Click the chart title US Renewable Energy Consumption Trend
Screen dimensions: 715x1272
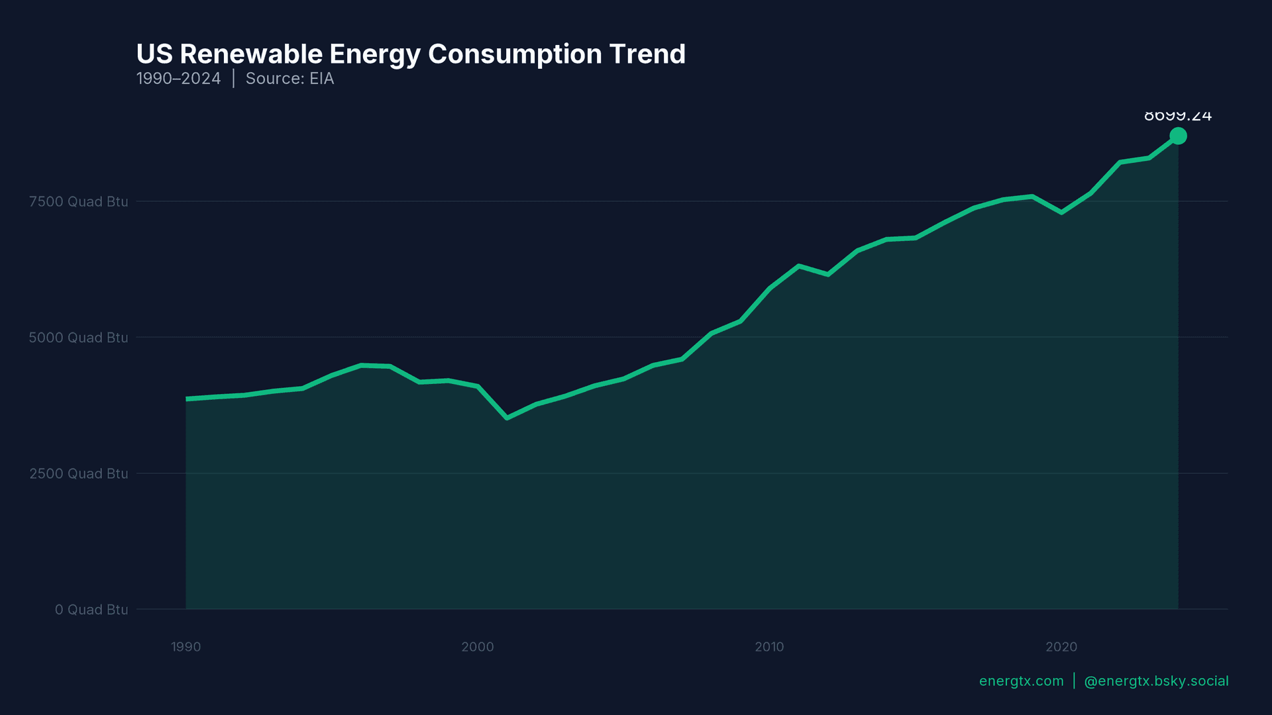tap(411, 54)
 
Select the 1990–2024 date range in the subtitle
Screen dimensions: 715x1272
tap(178, 79)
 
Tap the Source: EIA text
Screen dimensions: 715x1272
tap(290, 79)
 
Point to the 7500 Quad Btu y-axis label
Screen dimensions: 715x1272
tap(78, 202)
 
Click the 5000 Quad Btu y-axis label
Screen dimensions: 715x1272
tap(78, 338)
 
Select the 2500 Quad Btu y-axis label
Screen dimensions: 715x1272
tap(78, 474)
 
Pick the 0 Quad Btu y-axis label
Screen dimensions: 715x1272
tap(91, 610)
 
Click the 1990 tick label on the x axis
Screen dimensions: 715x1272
tap(185, 647)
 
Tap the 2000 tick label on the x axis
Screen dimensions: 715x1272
tap(478, 647)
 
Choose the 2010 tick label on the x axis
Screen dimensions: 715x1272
tap(769, 647)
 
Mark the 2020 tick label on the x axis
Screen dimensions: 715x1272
tap(1061, 647)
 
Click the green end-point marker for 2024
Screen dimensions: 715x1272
tap(1178, 136)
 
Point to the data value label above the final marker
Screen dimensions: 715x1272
tap(1177, 117)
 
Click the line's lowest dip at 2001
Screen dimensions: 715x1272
tap(507, 418)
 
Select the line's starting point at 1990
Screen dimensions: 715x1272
tap(187, 399)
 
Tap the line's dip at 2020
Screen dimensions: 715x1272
tap(1061, 213)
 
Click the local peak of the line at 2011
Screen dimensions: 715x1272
tap(799, 266)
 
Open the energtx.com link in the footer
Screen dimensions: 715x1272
tap(1021, 681)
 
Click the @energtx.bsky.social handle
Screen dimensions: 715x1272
tap(1156, 681)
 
